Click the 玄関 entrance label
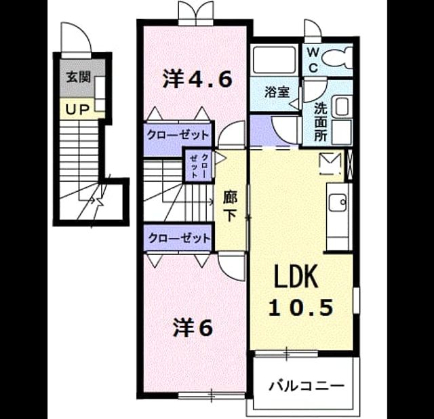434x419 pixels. (79, 77)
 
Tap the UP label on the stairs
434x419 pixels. (77, 110)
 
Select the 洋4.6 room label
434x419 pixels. (197, 79)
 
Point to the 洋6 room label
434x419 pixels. (193, 327)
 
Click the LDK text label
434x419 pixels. (296, 276)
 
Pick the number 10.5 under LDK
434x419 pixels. (300, 308)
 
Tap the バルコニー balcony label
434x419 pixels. (307, 386)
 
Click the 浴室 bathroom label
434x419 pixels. (277, 92)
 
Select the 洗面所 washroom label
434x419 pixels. (321, 122)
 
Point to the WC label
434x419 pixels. (313, 60)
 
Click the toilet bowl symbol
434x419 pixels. (338, 58)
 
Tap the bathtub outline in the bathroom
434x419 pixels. (274, 60)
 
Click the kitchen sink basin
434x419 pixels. (338, 202)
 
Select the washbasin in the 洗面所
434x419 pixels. (342, 106)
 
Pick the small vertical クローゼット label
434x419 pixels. (198, 165)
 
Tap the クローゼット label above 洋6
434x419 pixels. (179, 238)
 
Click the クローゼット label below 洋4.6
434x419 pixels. (178, 135)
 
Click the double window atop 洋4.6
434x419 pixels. (196, 14)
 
